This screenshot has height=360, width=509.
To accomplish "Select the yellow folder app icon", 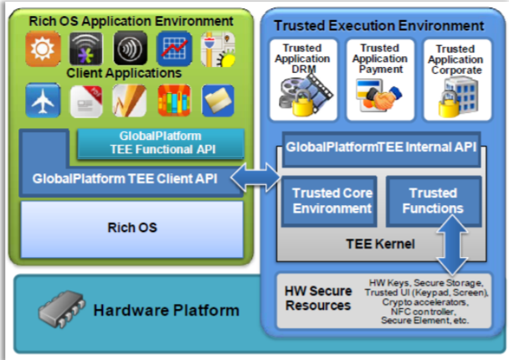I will pos(217,101).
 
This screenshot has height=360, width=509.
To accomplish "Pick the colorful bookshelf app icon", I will pos(173,101).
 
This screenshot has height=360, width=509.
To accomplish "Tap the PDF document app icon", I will pos(85,101).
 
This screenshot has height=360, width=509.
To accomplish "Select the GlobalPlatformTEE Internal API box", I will pos(382,147).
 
